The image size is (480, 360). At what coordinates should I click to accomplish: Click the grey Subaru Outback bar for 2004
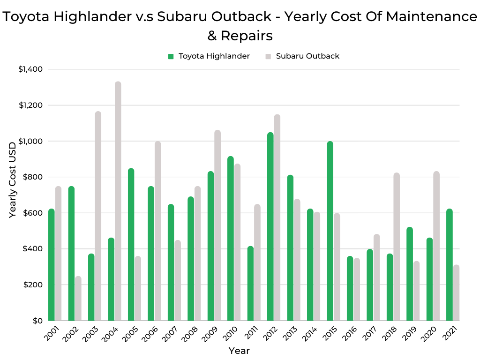point(118,202)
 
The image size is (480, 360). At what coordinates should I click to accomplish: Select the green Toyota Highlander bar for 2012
point(270,227)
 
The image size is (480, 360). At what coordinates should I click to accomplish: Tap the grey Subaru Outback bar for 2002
point(78,299)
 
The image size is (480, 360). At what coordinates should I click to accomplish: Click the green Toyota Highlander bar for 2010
point(231,239)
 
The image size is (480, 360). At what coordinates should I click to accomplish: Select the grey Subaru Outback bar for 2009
point(217,225)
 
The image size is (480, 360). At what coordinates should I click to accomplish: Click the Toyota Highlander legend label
point(214,56)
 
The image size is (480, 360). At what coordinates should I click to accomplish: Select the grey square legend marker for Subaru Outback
point(269,56)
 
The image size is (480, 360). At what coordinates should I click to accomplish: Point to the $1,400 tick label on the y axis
point(30,69)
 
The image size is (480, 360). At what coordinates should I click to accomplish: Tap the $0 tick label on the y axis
point(37,321)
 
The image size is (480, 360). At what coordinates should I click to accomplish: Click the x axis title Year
point(239,351)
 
